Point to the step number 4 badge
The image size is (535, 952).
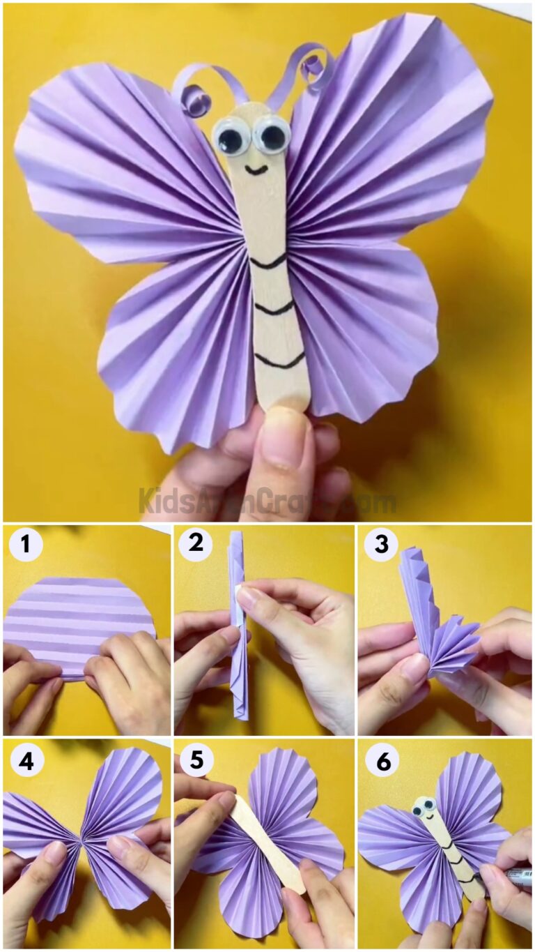(x=26, y=761)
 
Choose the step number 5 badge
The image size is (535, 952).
(x=196, y=761)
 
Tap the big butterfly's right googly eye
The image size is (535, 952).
(x=271, y=135)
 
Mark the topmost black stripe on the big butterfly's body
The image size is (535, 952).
(x=268, y=263)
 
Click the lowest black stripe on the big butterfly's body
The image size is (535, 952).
(x=279, y=361)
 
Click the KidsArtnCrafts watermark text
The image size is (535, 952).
(x=267, y=501)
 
